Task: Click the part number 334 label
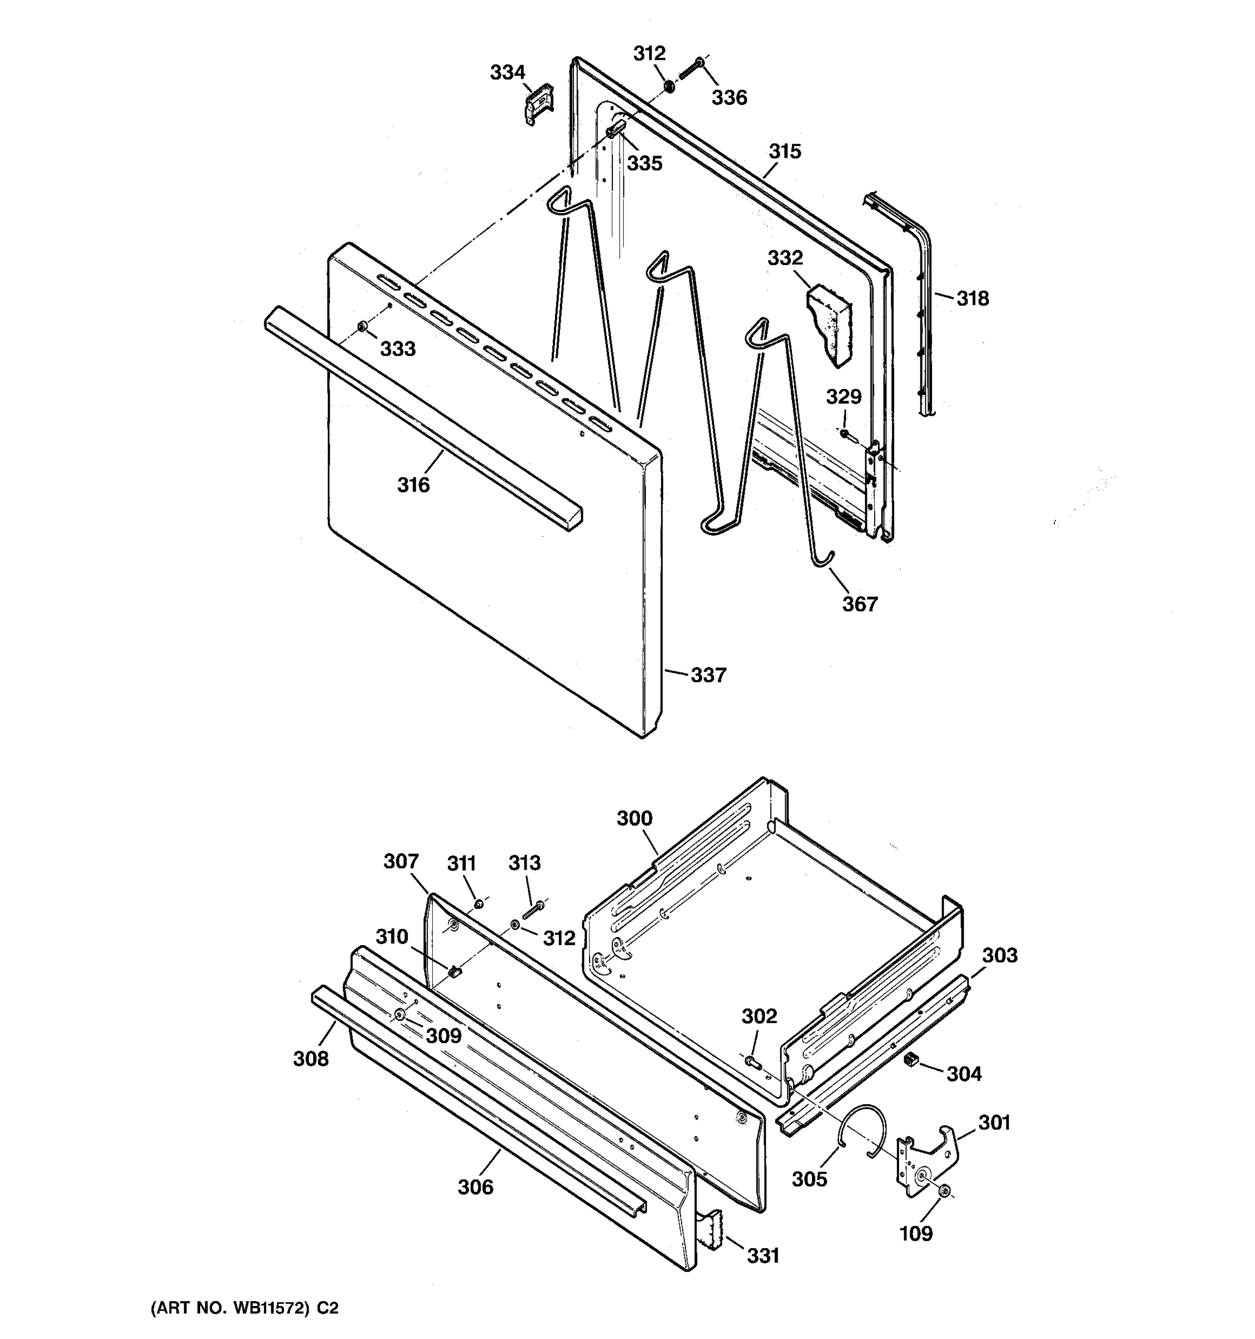pos(507,72)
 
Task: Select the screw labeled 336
pos(691,69)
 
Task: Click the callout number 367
pos(860,604)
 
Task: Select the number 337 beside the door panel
pos(708,675)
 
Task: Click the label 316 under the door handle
pos(413,485)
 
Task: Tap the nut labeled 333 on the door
pos(362,327)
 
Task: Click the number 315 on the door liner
pos(785,152)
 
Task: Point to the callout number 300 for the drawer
pos(634,818)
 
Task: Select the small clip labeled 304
pos(911,1059)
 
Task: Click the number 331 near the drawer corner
pos(763,1255)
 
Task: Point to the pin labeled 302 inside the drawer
pos(752,1062)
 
